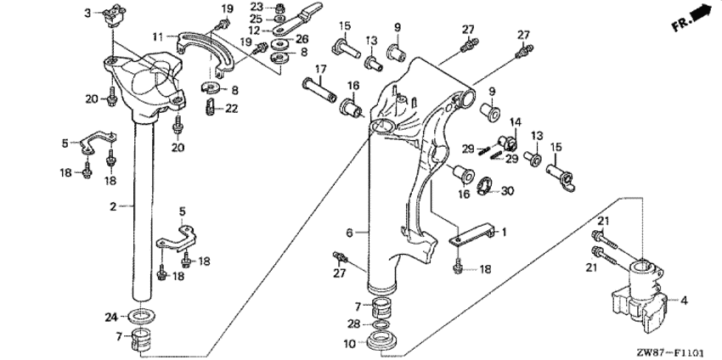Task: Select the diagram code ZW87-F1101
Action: pos(670,353)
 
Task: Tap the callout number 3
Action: pos(87,13)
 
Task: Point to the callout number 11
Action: pos(158,36)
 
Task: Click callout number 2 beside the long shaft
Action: pos(113,206)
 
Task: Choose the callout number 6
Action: pos(349,233)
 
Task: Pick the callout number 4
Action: pos(685,301)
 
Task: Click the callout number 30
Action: pos(507,190)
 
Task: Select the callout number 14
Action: pos(516,122)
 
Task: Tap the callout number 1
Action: pos(504,232)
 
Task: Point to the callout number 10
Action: pos(350,343)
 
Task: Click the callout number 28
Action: pos(353,324)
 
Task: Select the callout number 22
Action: pos(232,109)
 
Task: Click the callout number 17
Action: pos(320,70)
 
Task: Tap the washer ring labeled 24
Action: pos(141,316)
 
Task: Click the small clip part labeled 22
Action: pos(209,108)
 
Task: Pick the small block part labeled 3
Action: pos(113,14)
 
